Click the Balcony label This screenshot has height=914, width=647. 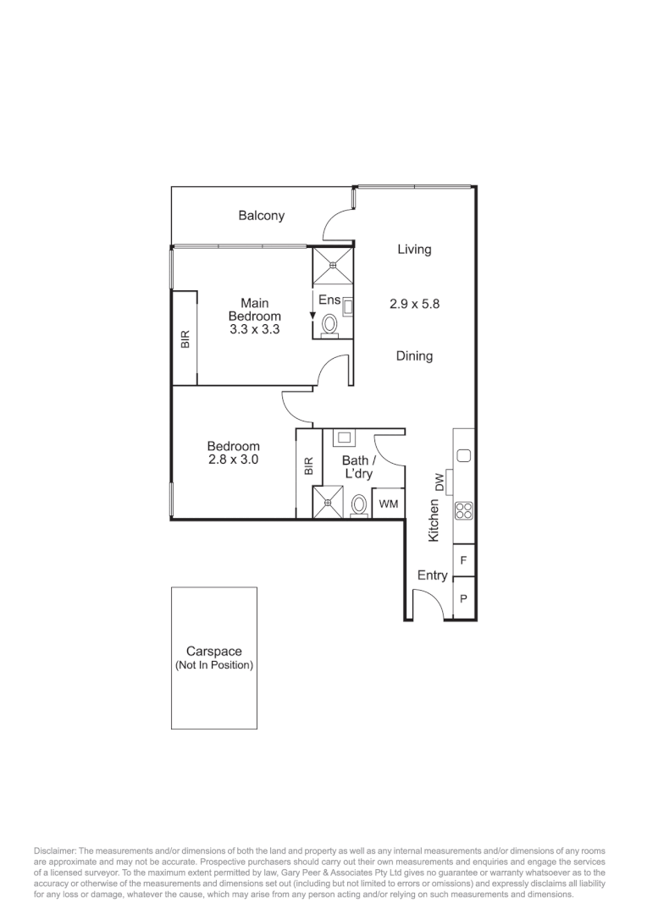[x=261, y=216]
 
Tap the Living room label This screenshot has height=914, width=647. [x=414, y=250]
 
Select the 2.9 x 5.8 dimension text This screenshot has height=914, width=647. [x=414, y=304]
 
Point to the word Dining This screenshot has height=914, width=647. [x=414, y=356]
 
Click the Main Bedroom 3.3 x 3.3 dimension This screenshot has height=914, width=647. [x=254, y=329]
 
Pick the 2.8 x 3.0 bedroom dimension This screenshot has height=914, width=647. [x=233, y=460]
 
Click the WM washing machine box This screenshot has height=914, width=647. [x=388, y=504]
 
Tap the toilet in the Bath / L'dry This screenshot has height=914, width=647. [x=359, y=505]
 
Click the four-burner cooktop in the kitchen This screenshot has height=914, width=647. [x=463, y=510]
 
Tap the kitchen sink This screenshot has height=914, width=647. [x=463, y=456]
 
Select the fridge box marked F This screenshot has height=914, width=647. [x=463, y=560]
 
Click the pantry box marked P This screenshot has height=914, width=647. [x=463, y=598]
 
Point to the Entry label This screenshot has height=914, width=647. [x=432, y=575]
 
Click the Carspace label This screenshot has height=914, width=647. [x=214, y=652]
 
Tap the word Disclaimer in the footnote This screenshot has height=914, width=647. [x=54, y=850]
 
